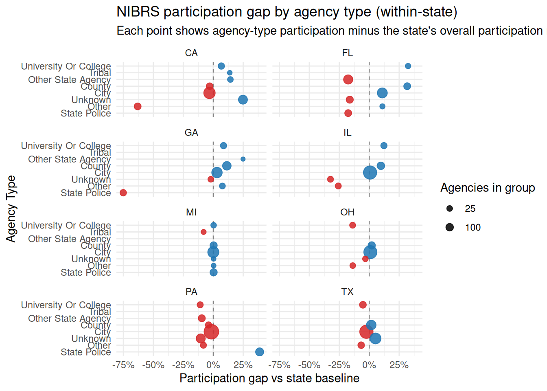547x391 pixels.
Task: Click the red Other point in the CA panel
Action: tap(138, 106)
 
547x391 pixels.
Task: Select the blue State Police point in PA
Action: tap(259, 352)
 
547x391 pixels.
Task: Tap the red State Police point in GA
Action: tap(123, 193)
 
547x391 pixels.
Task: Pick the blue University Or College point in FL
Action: tap(408, 66)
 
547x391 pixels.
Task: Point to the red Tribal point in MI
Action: tap(203, 232)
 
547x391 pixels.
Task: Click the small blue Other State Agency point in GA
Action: tap(243, 159)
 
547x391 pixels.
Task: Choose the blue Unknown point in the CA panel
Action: tap(243, 100)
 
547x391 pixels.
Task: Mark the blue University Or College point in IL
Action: tap(384, 146)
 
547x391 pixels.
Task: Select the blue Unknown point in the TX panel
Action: tap(376, 338)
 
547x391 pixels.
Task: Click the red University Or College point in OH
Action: tap(352, 225)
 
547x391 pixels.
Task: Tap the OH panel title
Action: tap(347, 212)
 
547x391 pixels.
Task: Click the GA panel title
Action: tap(191, 133)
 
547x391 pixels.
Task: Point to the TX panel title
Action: tap(347, 292)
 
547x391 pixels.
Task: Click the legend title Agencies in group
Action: tap(488, 188)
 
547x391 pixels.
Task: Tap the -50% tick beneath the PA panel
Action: tap(153, 365)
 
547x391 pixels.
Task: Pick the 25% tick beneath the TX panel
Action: tap(399, 365)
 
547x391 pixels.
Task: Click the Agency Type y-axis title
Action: tap(11, 209)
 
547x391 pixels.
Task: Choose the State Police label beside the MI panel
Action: tap(85, 272)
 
